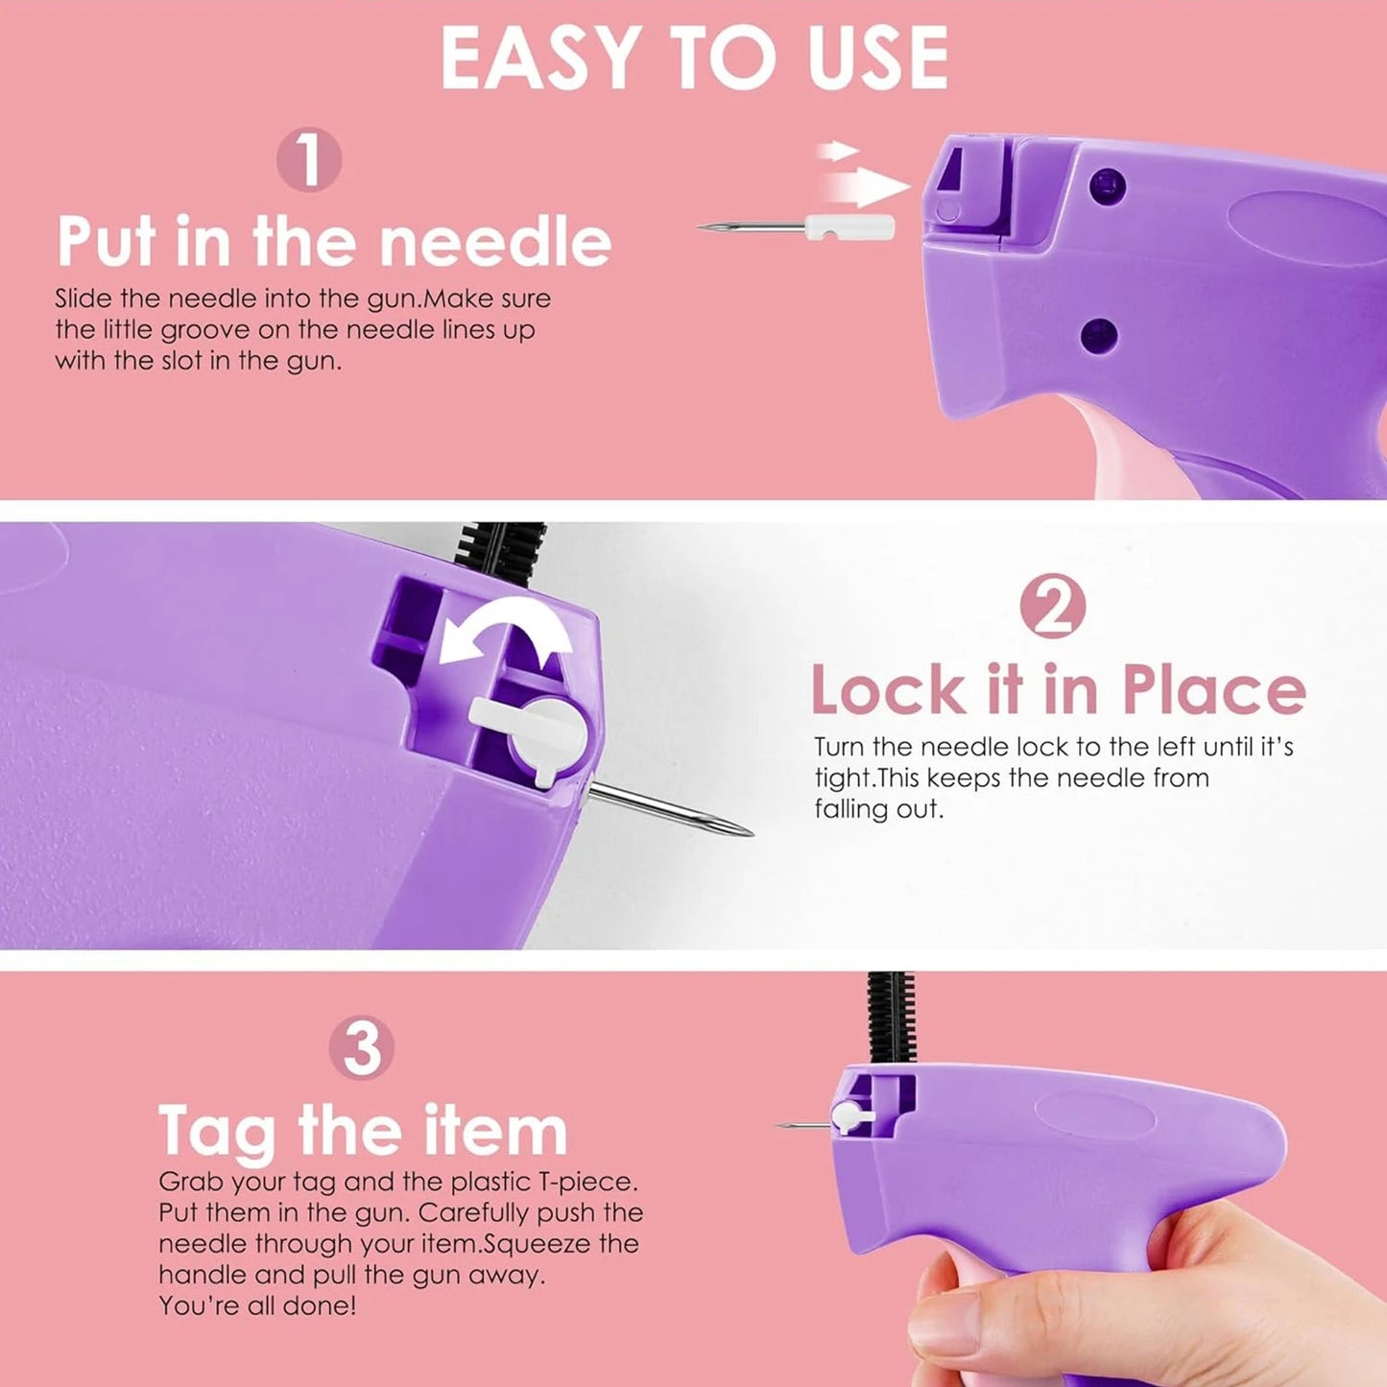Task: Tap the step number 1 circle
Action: [309, 160]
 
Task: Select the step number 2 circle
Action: [1053, 607]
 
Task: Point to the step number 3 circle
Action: [362, 1048]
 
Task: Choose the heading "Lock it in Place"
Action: [1058, 690]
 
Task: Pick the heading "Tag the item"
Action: [363, 1130]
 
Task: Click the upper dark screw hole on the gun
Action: [1110, 183]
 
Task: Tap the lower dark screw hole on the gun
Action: [1099, 336]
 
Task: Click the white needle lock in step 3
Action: [849, 1116]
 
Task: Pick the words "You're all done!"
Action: [257, 1305]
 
